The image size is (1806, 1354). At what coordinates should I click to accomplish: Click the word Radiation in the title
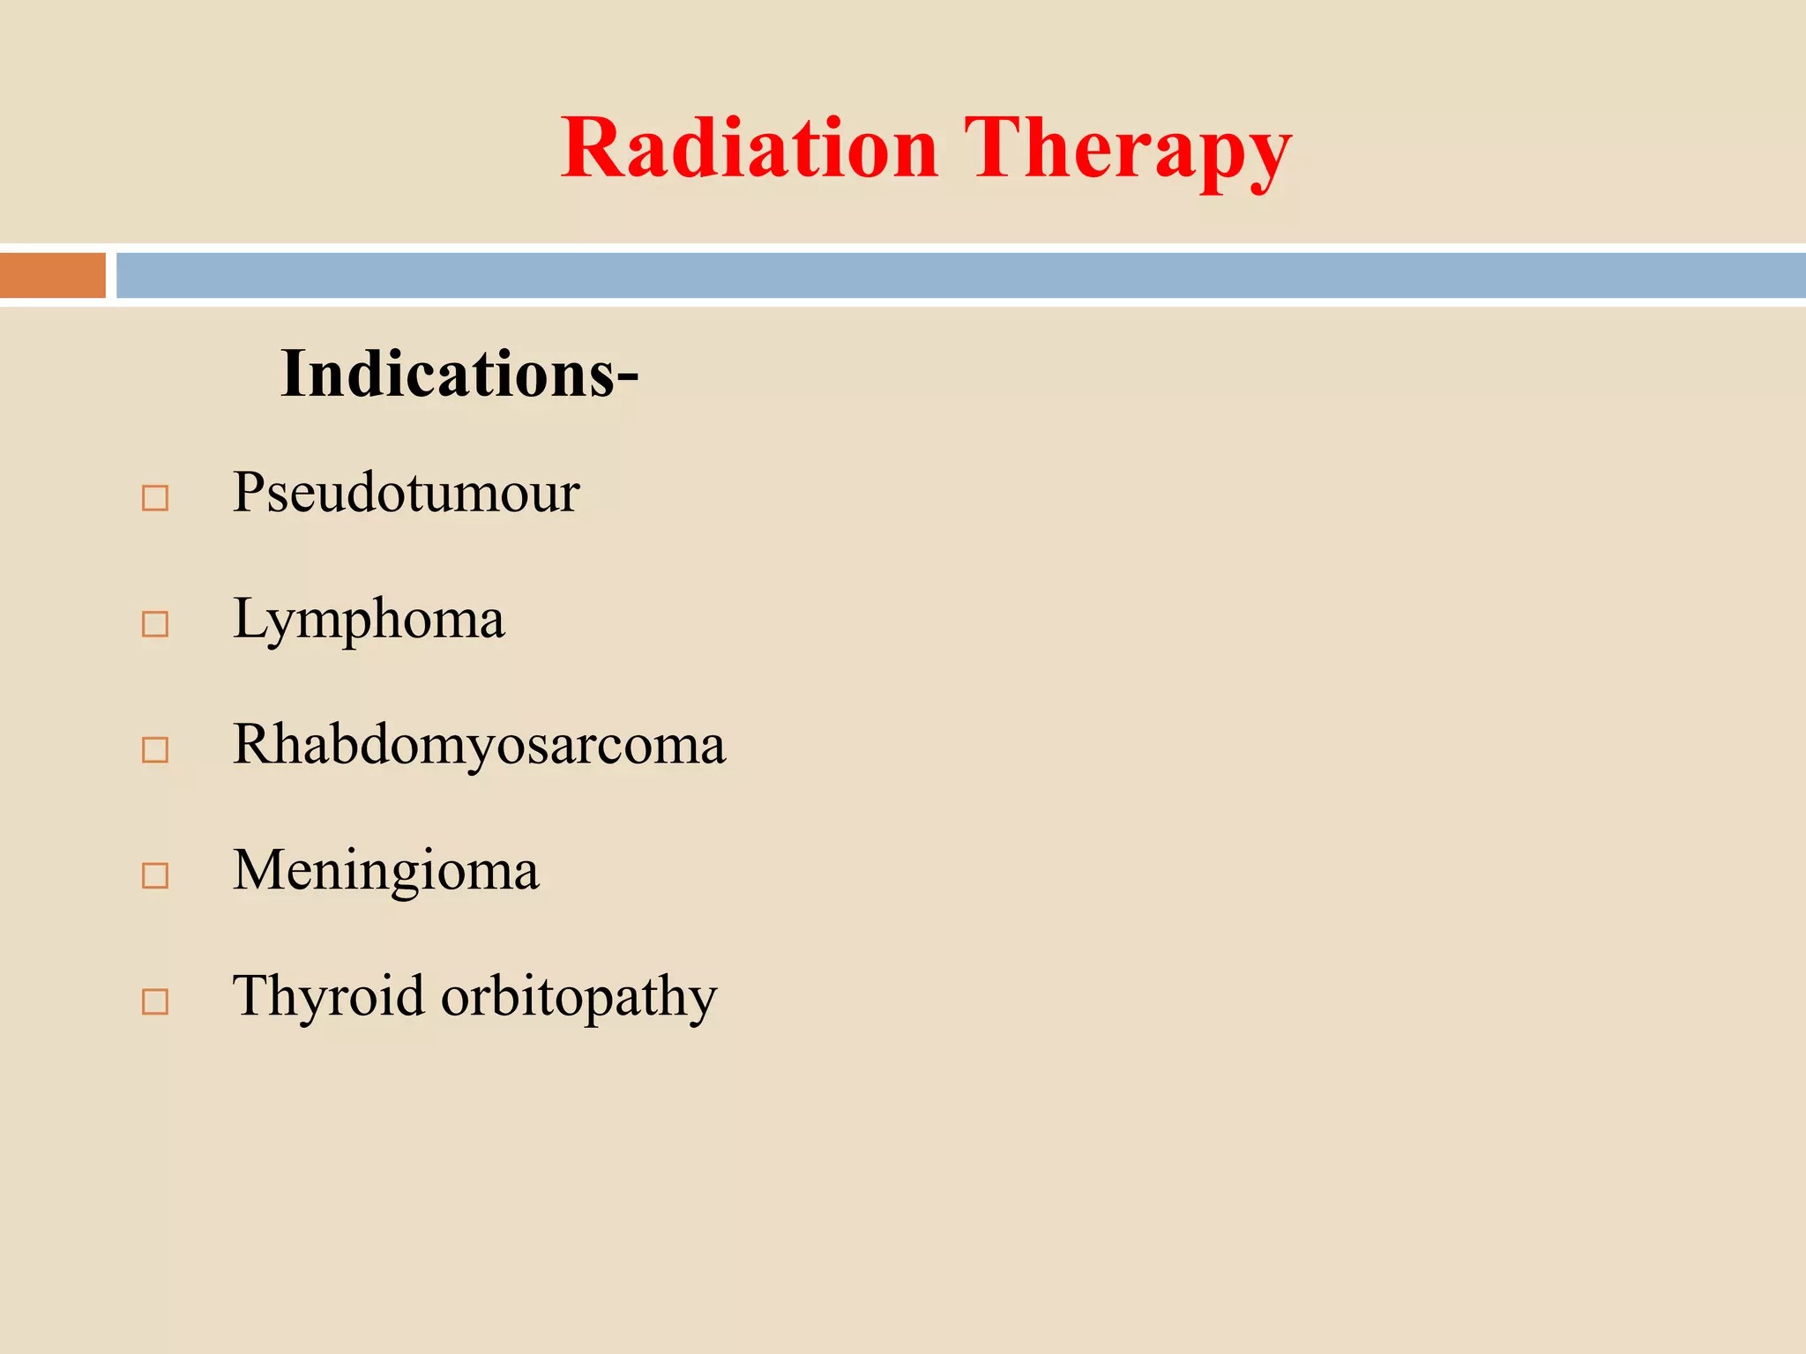[750, 148]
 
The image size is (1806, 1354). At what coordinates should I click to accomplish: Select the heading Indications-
[459, 374]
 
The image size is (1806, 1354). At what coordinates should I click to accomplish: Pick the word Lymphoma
[369, 620]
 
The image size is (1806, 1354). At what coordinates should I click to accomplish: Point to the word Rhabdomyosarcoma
[479, 745]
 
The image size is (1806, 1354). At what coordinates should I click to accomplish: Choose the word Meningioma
[385, 871]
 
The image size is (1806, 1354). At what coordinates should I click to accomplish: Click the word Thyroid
[328, 997]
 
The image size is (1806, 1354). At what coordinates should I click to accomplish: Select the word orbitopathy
[578, 999]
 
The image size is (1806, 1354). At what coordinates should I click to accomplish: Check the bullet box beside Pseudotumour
[155, 498]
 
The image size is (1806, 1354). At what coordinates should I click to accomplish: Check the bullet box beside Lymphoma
[155, 624]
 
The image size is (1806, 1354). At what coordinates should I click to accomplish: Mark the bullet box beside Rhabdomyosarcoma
[155, 750]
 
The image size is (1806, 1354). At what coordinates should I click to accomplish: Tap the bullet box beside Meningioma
[155, 875]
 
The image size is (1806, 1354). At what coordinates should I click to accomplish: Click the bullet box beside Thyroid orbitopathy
[155, 1001]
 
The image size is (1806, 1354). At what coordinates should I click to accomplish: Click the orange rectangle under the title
[53, 275]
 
